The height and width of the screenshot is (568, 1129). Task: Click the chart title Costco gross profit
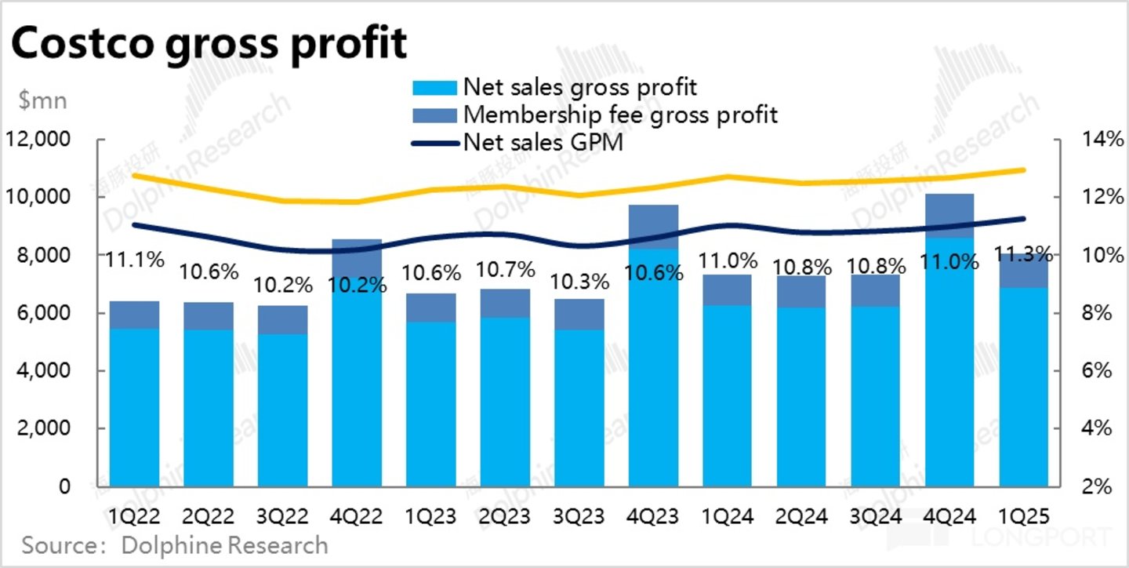[x=209, y=44]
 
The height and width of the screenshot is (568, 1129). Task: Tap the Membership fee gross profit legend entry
[x=620, y=114]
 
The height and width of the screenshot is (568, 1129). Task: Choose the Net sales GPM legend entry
[x=543, y=142]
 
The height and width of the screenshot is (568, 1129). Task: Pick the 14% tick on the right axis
[x=1094, y=140]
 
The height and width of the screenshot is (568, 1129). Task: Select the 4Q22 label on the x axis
[x=357, y=517]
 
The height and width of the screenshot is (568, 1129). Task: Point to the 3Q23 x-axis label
[x=579, y=517]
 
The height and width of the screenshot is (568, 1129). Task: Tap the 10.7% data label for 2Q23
[x=505, y=271]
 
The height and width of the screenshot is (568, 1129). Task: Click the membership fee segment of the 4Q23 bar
[x=653, y=227]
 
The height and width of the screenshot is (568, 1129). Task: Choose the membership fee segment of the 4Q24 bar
[x=950, y=216]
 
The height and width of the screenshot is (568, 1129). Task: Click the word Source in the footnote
[x=56, y=544]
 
